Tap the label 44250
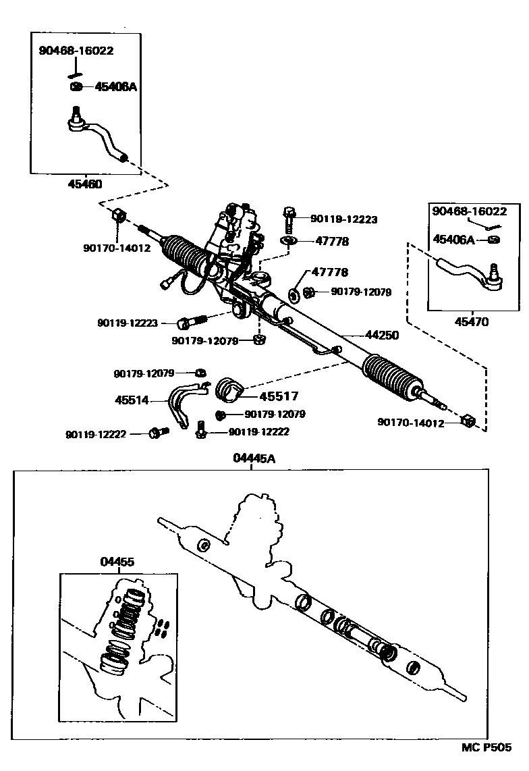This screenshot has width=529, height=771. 381,335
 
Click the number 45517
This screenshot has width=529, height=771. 278,396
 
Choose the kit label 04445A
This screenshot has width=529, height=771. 254,458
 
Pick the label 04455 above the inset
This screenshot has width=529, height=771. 117,562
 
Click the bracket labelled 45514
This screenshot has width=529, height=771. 180,402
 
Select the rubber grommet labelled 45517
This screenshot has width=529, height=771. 229,390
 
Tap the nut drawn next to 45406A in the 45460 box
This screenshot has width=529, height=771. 76,86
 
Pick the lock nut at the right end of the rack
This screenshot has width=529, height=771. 467,422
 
